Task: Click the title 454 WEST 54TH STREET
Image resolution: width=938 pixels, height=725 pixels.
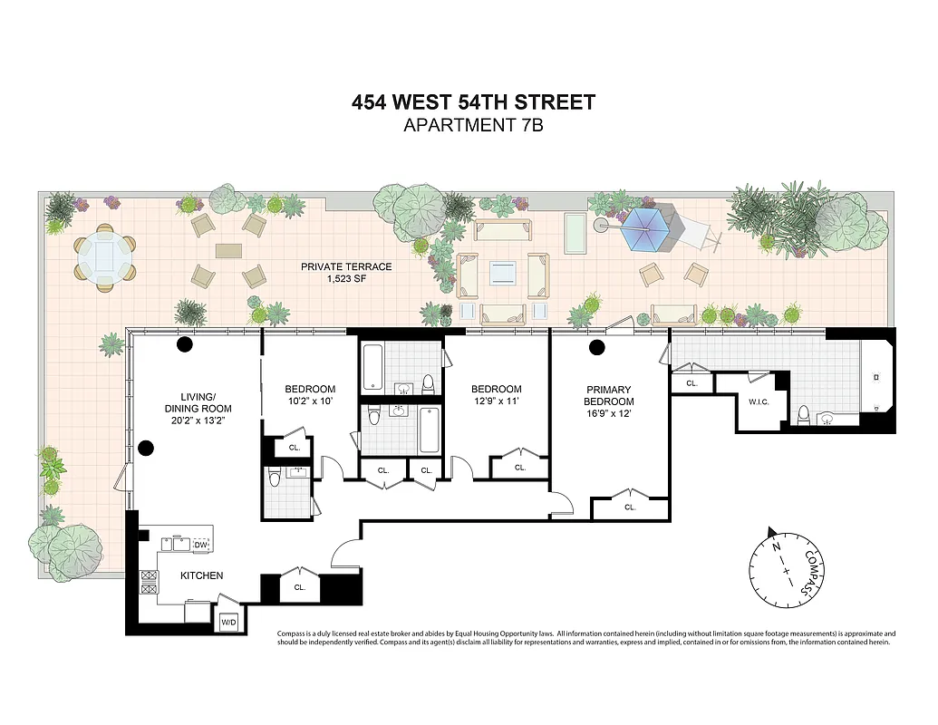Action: click(x=473, y=102)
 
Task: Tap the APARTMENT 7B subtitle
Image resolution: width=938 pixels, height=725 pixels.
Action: click(x=473, y=126)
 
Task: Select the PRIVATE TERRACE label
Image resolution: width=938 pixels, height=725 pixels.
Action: click(x=348, y=267)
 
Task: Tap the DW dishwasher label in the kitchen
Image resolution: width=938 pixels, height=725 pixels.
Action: click(x=200, y=545)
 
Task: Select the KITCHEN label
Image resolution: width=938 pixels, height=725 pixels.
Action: click(x=201, y=575)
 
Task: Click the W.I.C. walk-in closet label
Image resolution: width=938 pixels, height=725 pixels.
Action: click(x=758, y=401)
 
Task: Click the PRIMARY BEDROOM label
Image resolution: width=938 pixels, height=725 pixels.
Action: click(x=609, y=395)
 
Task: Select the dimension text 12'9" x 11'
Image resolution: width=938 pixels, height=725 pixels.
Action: click(x=496, y=401)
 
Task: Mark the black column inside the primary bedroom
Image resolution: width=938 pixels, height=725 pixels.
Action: click(x=596, y=347)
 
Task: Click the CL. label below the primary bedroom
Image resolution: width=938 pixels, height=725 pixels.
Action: click(x=630, y=507)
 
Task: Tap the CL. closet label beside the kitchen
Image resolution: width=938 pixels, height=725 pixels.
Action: click(x=300, y=587)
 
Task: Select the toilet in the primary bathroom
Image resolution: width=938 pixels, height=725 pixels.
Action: click(x=802, y=414)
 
